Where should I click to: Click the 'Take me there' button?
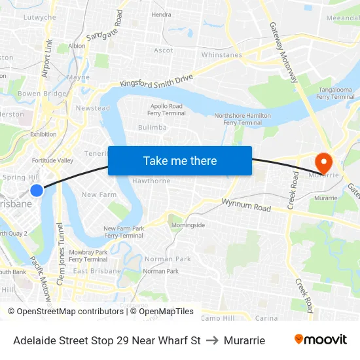(x=180, y=161)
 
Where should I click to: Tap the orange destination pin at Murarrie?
(x=323, y=162)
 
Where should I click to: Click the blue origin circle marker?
(x=37, y=190)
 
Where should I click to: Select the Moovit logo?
(x=320, y=340)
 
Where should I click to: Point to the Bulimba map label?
(x=152, y=128)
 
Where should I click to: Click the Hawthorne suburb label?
(x=151, y=181)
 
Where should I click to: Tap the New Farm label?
(x=98, y=194)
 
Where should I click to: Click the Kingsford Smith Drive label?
(x=157, y=81)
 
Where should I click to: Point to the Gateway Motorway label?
(x=283, y=52)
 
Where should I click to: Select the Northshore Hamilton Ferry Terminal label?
(x=242, y=118)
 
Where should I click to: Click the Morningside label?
(x=188, y=225)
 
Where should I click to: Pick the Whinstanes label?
(x=221, y=55)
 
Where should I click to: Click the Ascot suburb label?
(x=164, y=50)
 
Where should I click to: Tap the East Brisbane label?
(x=96, y=271)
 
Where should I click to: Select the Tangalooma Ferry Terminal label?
(x=336, y=93)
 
